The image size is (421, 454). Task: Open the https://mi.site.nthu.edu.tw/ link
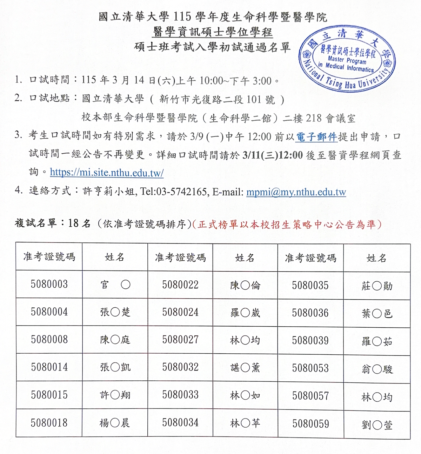click(x=107, y=173)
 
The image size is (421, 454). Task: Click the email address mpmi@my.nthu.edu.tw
click(x=296, y=192)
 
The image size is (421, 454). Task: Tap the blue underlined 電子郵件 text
click(x=316, y=136)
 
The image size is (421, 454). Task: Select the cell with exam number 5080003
click(x=49, y=284)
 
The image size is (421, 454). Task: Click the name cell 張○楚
click(x=115, y=312)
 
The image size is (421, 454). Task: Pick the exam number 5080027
click(x=180, y=340)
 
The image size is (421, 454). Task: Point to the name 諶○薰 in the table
click(x=245, y=367)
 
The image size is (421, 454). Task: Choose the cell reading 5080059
click(x=310, y=424)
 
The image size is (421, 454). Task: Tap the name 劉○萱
click(x=377, y=425)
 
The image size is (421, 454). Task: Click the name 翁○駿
click(x=377, y=369)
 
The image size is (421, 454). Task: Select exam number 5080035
click(x=310, y=286)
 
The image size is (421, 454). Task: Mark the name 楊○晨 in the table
click(x=115, y=423)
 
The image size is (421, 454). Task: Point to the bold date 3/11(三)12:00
click(x=273, y=155)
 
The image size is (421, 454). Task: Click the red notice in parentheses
click(x=287, y=224)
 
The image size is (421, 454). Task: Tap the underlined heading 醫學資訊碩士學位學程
click(x=213, y=32)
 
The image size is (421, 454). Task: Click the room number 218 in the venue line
click(x=314, y=118)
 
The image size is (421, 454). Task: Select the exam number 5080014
click(x=49, y=367)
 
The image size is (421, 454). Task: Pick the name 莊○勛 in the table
click(x=377, y=286)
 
